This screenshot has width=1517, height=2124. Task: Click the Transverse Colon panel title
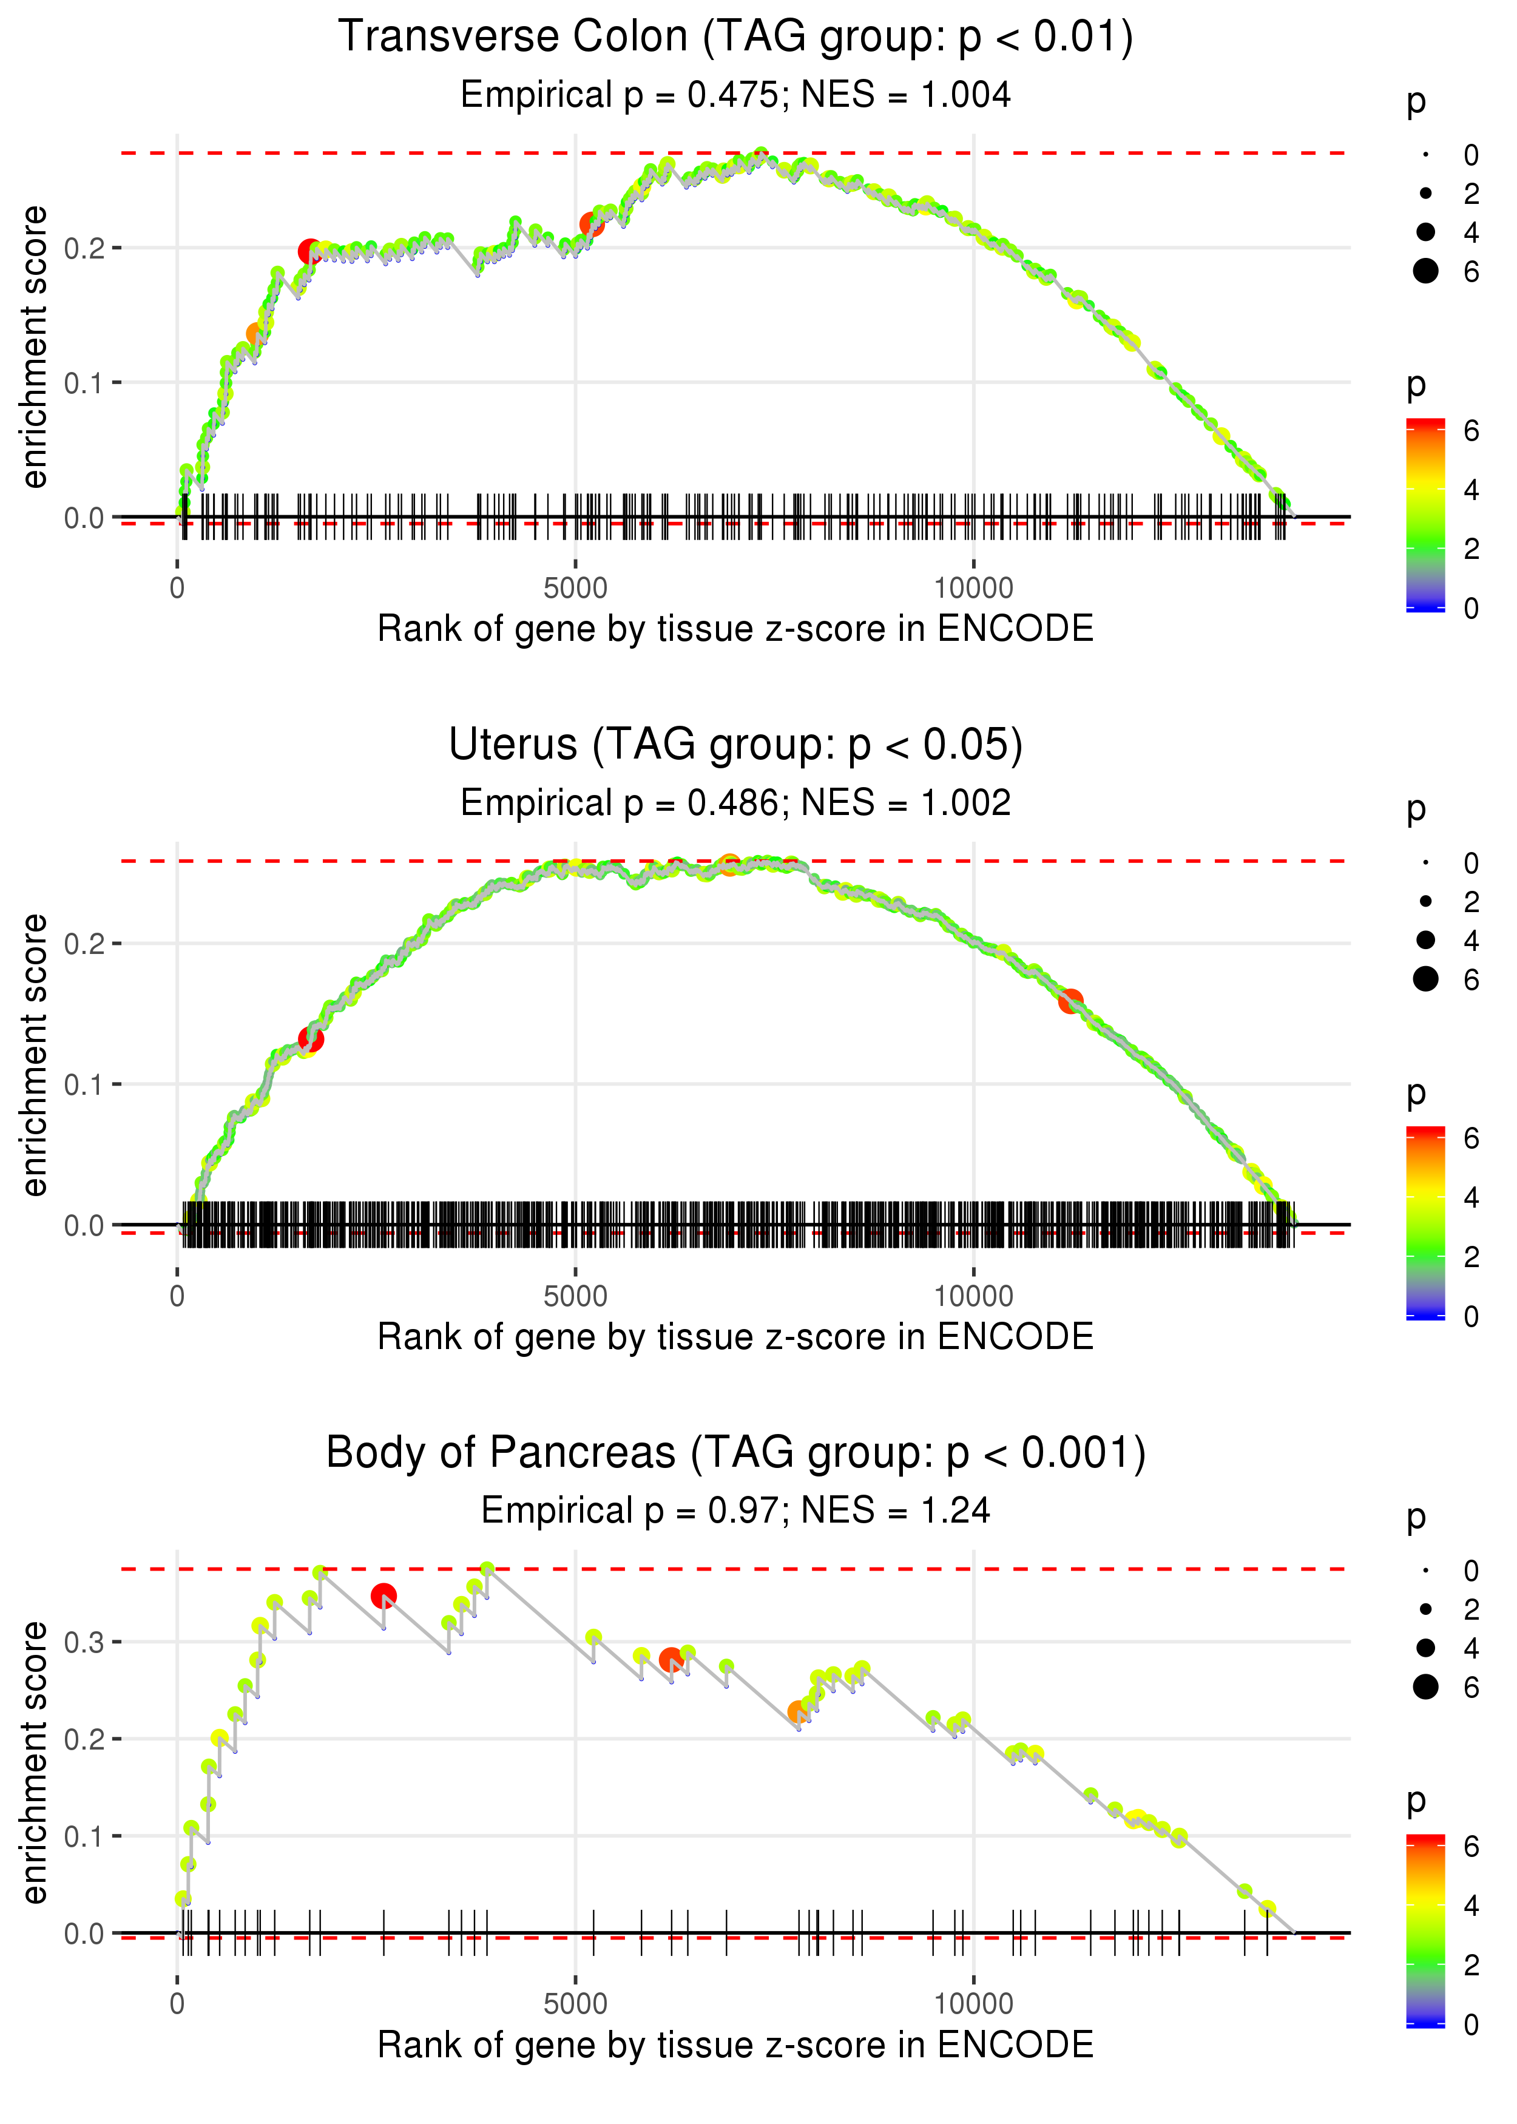[735, 38]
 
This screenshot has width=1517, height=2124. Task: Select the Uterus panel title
[735, 745]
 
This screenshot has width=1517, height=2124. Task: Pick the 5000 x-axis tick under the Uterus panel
[575, 1296]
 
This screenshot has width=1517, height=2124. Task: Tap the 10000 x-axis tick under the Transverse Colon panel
[973, 589]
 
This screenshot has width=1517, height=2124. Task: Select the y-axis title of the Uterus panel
[35, 1055]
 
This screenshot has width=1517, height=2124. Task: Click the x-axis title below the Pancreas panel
[735, 2046]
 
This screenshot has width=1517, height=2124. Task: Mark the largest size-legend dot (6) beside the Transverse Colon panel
[1425, 271]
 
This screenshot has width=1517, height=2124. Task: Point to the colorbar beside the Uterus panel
[1425, 1223]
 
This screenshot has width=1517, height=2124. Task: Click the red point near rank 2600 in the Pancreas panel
[383, 1596]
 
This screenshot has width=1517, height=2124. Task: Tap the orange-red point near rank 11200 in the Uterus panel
[1070, 1001]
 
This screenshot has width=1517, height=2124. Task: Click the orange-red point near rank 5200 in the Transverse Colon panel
[591, 224]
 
